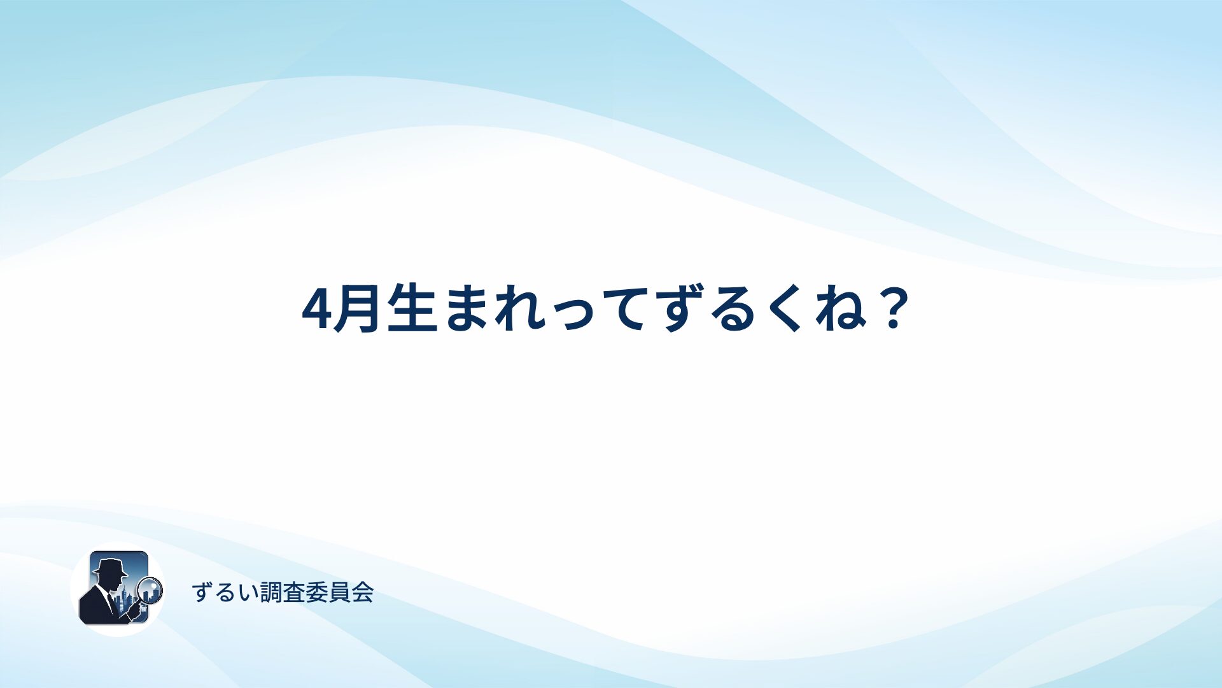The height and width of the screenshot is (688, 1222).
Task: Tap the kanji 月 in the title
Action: (x=358, y=310)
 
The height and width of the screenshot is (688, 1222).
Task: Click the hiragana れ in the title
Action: (x=522, y=310)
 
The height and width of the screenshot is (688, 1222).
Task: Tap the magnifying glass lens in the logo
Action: (x=150, y=589)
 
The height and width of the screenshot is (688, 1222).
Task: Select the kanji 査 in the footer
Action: (x=293, y=592)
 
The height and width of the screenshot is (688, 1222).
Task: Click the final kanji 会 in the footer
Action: (x=362, y=592)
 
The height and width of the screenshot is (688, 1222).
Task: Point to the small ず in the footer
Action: (x=202, y=592)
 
